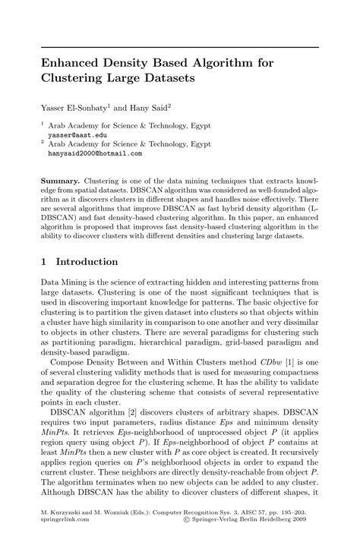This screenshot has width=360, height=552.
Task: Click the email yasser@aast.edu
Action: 77,133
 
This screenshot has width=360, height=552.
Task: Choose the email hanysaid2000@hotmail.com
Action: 95,152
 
